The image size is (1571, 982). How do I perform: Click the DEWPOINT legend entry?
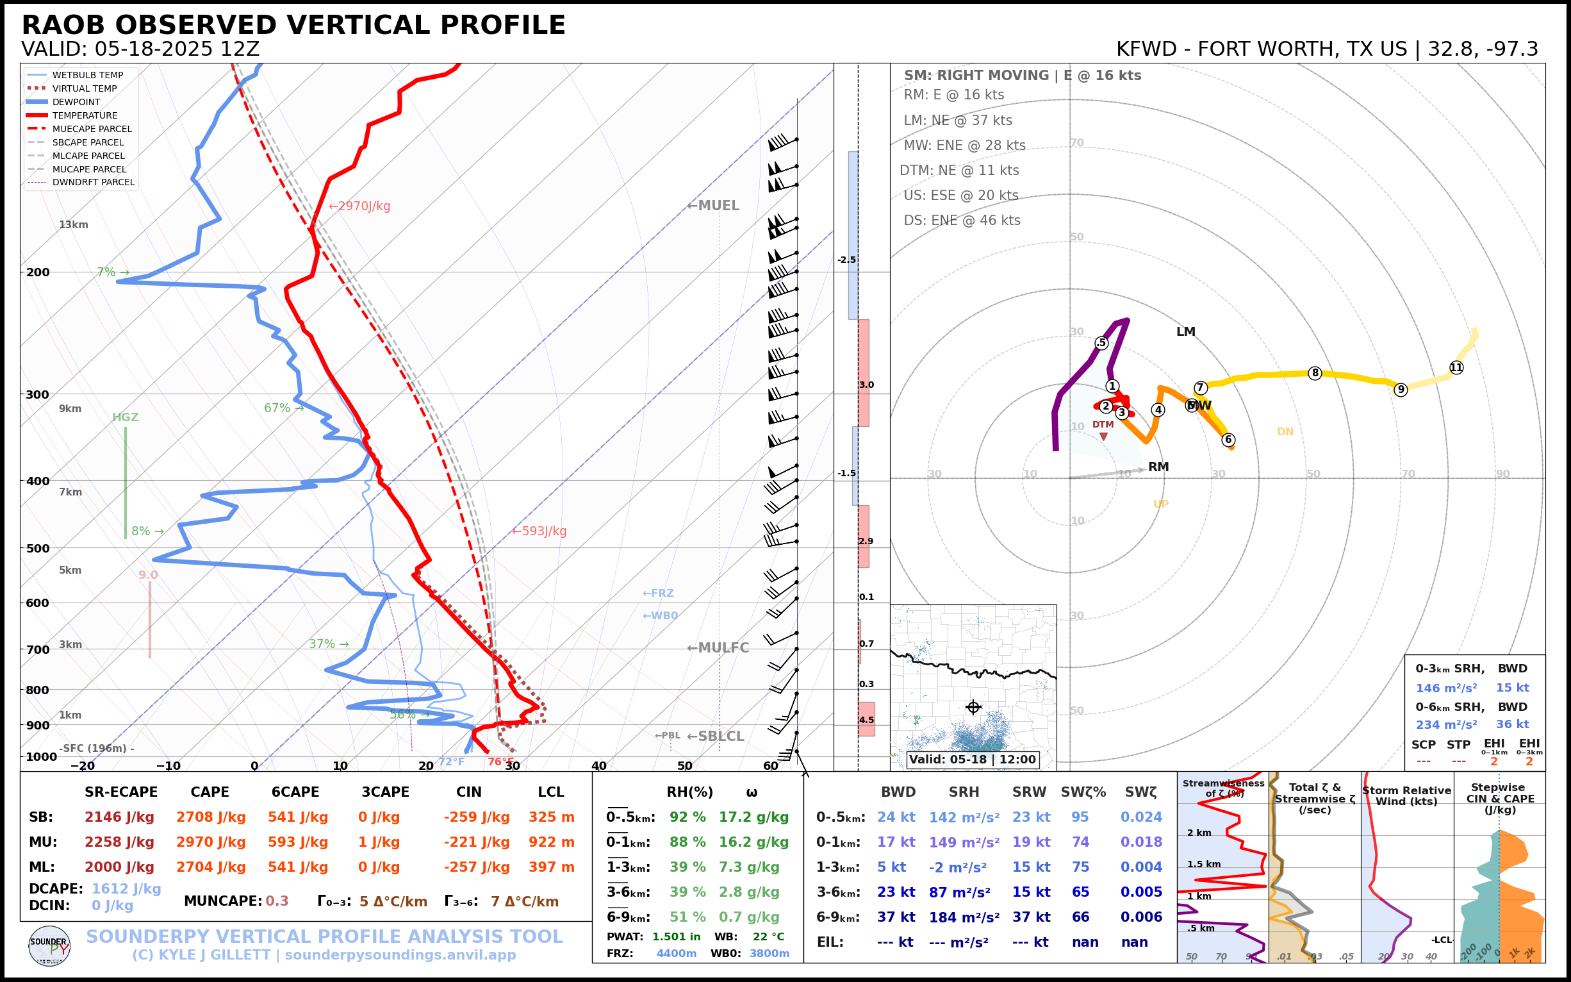point(76,102)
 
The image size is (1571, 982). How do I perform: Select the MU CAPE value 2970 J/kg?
point(210,842)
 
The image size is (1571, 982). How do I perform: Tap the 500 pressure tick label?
point(38,548)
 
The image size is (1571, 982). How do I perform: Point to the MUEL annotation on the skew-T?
point(714,206)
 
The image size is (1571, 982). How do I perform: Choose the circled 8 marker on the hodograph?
point(1315,373)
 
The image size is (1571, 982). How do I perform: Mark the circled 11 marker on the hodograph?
point(1456,367)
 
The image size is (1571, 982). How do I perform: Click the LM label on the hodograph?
point(1185,332)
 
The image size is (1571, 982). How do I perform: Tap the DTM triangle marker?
point(1103,437)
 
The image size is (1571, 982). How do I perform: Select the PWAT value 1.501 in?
point(677,936)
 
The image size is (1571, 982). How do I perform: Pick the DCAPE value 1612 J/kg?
point(126,888)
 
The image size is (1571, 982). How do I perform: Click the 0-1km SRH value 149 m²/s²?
point(964,842)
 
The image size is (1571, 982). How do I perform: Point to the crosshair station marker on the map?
point(973,707)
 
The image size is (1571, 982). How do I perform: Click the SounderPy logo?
point(49,946)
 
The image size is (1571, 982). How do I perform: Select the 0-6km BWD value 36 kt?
point(1512,724)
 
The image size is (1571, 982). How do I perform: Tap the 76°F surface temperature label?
point(500,762)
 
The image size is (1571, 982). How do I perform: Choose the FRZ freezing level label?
point(658,594)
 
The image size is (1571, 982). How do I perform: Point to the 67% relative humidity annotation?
point(277,408)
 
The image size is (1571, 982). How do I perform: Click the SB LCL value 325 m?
point(551,817)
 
